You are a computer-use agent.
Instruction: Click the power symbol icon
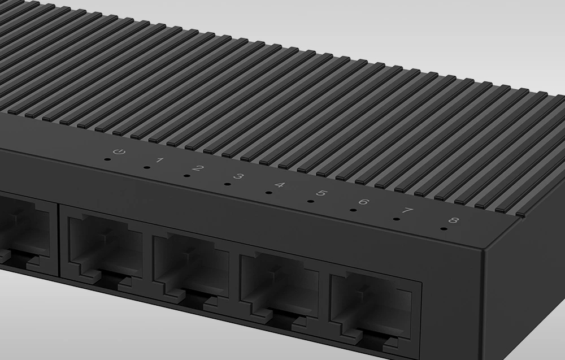119,151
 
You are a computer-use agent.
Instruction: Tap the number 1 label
160,160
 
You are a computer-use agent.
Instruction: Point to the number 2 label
198,168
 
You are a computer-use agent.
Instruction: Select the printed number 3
238,176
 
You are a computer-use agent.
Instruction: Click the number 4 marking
280,185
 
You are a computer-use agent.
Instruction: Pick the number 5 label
321,193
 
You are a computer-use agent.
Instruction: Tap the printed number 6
364,202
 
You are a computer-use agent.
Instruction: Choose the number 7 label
407,210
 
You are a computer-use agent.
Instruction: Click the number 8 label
453,220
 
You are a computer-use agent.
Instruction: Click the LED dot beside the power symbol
107,159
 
